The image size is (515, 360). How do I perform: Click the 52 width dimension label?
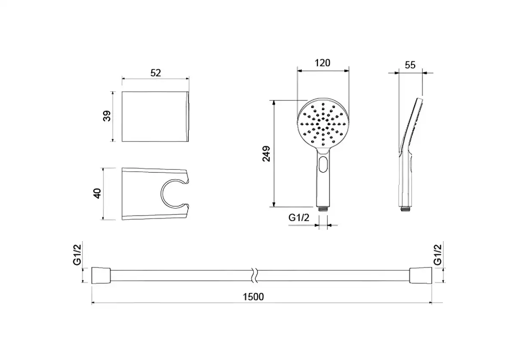[x=155, y=73]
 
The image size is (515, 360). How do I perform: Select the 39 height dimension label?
[x=107, y=116]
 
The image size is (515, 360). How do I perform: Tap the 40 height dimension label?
[x=98, y=194]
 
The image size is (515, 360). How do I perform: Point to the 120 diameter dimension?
[x=322, y=63]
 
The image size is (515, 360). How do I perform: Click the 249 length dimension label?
[x=267, y=154]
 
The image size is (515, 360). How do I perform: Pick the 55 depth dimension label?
[x=410, y=65]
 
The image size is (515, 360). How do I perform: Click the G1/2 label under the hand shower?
[x=299, y=218]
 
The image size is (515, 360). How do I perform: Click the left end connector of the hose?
[x=101, y=275]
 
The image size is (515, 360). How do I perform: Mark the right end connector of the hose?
[x=421, y=275]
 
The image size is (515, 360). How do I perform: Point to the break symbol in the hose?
[x=256, y=275]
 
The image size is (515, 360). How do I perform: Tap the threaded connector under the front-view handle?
[x=323, y=209]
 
